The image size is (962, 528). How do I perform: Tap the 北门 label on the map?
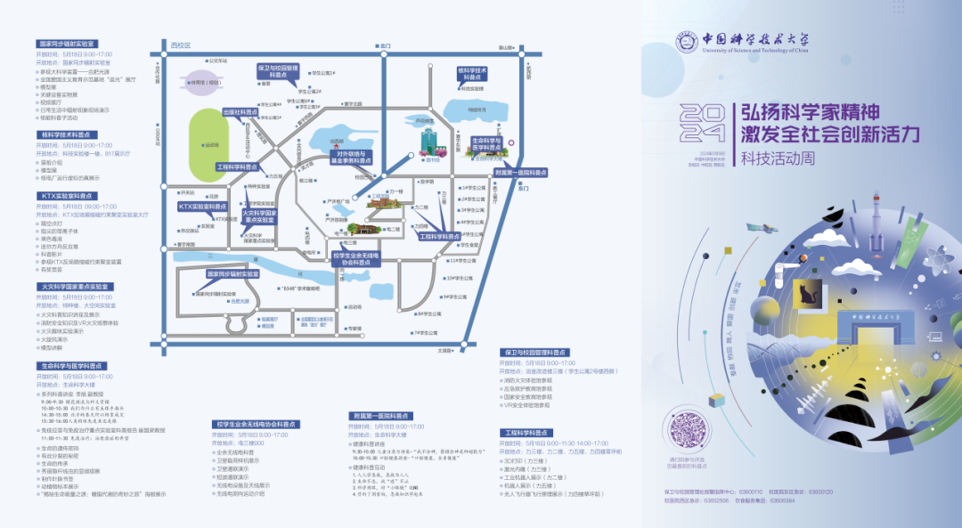(385, 45)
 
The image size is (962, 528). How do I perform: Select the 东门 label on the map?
(522, 189)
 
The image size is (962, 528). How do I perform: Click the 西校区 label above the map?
(181, 45)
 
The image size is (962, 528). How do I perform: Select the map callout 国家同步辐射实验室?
(232, 274)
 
